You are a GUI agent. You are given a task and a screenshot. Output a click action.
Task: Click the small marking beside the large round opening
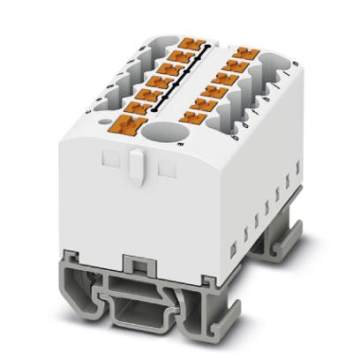(181, 140)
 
